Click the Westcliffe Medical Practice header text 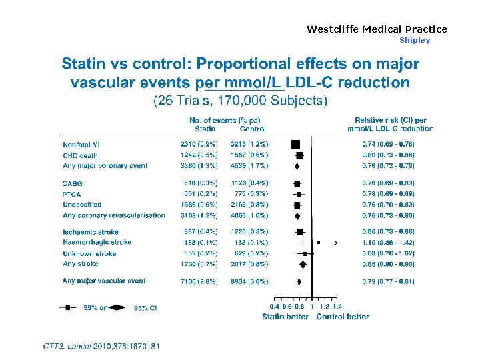click(377, 29)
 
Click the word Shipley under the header click(415, 40)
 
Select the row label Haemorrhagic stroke click(97, 243)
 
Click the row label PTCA click(72, 194)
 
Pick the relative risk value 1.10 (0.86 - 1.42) click(388, 243)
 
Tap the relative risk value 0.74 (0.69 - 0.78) click(388, 145)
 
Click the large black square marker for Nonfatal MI click(296, 144)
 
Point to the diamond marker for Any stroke click(303, 265)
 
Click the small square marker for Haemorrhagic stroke click(319, 243)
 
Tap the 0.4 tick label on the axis click(274, 307)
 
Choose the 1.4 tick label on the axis click(337, 307)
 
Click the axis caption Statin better click(285, 316)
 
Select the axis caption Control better click(343, 316)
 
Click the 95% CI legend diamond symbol click(117, 307)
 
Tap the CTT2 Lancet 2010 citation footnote click(101, 346)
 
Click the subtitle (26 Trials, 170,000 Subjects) click(241, 101)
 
